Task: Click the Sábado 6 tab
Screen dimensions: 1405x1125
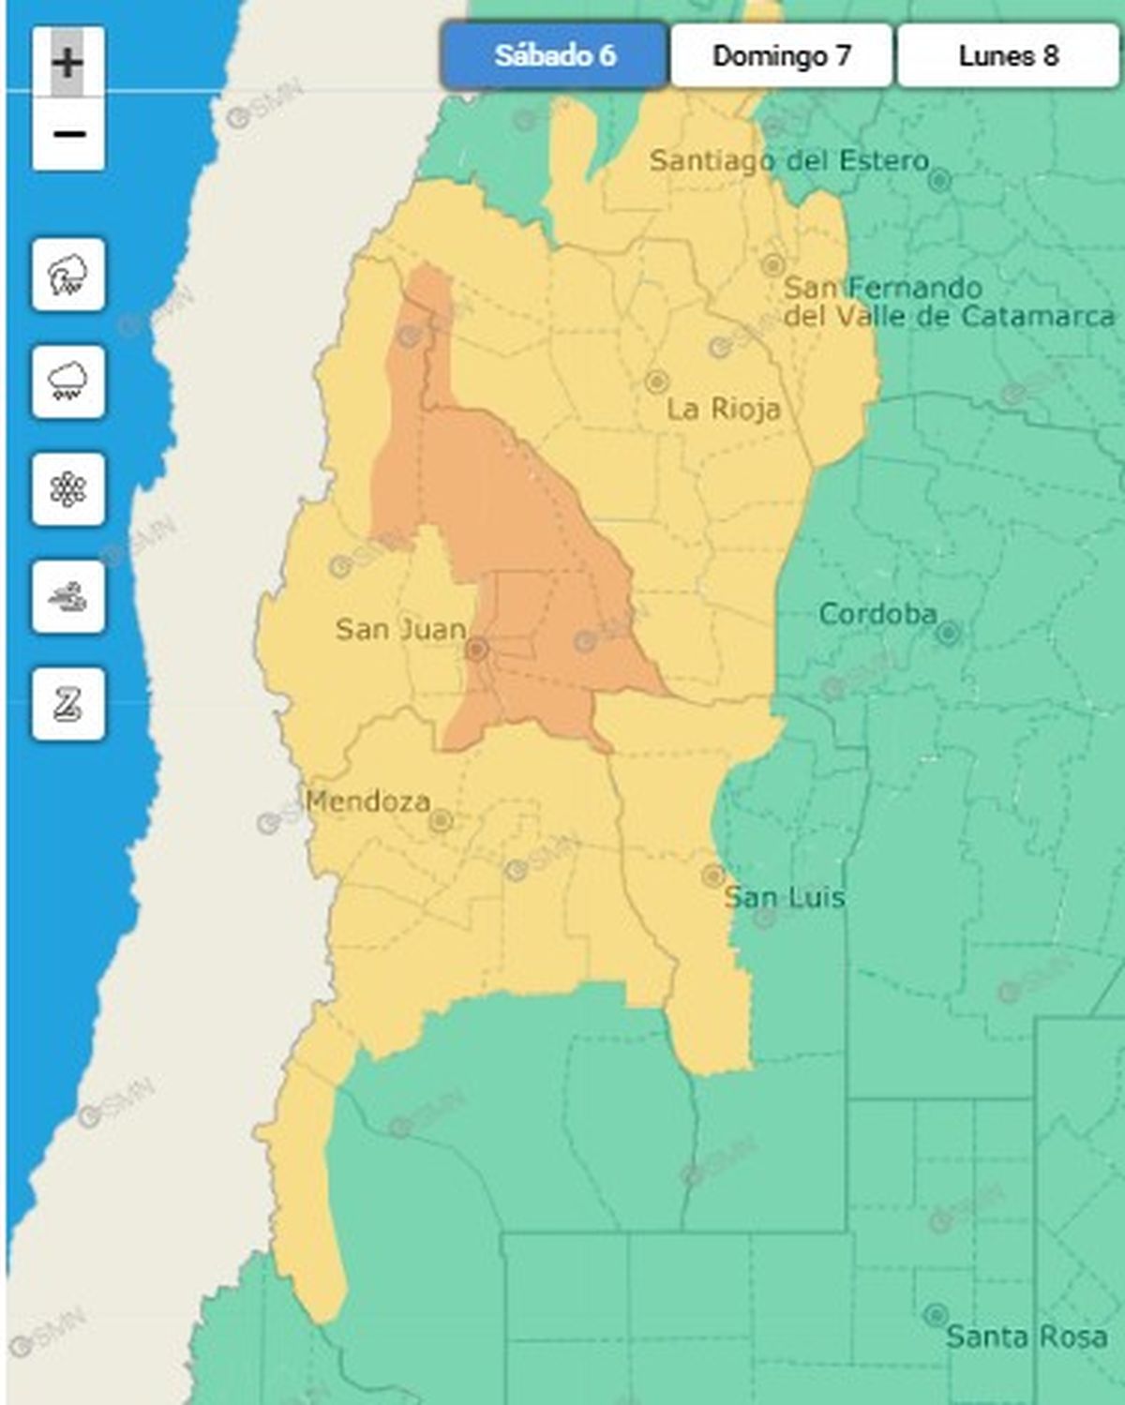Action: (554, 56)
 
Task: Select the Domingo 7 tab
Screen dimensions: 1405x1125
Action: (781, 56)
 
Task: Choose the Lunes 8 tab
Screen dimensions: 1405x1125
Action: (1008, 56)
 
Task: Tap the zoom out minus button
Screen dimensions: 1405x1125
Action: (68, 134)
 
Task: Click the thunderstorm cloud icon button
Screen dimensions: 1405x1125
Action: (68, 275)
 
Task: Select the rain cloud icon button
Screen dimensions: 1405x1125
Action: (68, 381)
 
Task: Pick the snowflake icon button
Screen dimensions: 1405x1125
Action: (68, 489)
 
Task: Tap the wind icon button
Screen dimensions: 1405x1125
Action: (68, 596)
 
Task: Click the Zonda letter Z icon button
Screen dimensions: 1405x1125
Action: (68, 704)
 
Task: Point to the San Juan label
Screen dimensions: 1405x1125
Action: (400, 629)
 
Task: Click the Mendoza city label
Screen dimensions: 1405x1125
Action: (368, 801)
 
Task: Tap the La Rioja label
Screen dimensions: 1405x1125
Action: (723, 409)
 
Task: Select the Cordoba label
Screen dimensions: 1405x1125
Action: (877, 614)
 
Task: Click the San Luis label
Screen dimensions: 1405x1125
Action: (785, 897)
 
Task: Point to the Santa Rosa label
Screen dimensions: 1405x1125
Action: (1027, 1336)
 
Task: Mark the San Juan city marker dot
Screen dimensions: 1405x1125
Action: (477, 649)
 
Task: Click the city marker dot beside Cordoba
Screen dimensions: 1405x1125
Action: (948, 634)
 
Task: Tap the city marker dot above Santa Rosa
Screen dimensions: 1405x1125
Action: (935, 1313)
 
